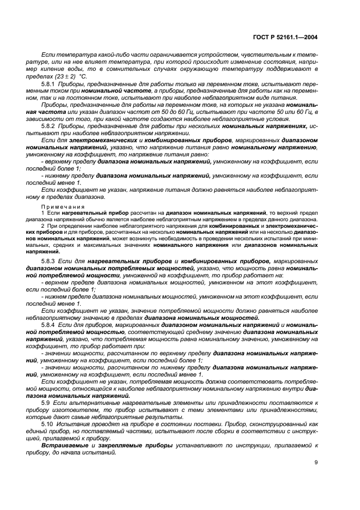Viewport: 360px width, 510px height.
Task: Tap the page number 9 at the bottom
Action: [316, 464]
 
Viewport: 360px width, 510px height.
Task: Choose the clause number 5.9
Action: [47, 402]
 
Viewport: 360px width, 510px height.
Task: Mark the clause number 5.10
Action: [48, 423]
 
